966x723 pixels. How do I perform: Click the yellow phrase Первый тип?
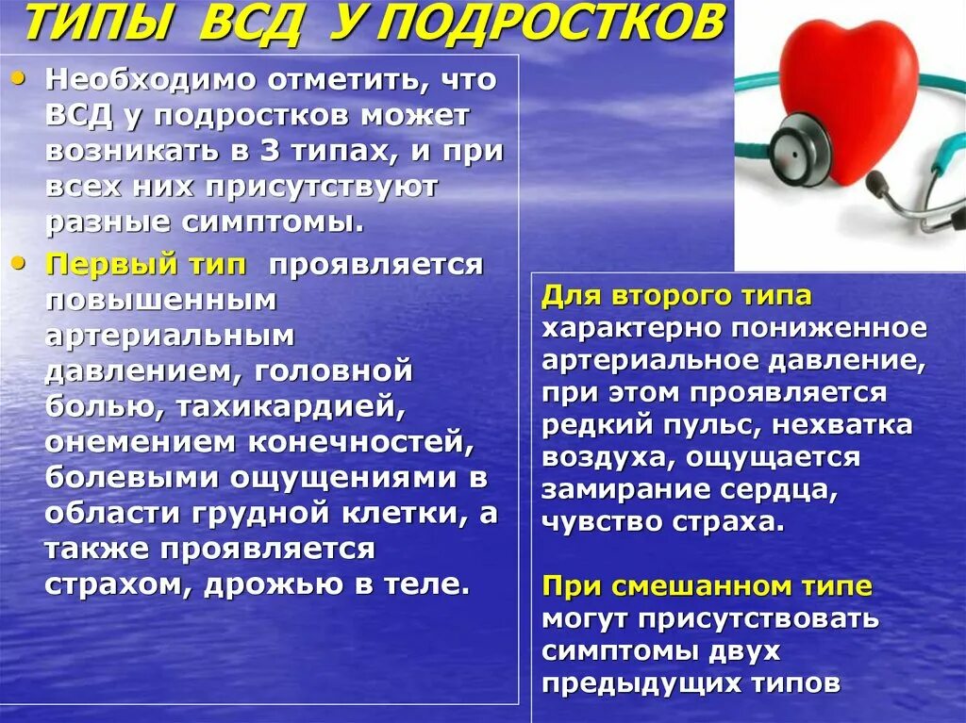click(147, 265)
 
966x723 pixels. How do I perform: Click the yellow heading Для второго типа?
click(676, 295)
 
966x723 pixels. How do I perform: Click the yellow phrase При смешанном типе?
click(707, 586)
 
